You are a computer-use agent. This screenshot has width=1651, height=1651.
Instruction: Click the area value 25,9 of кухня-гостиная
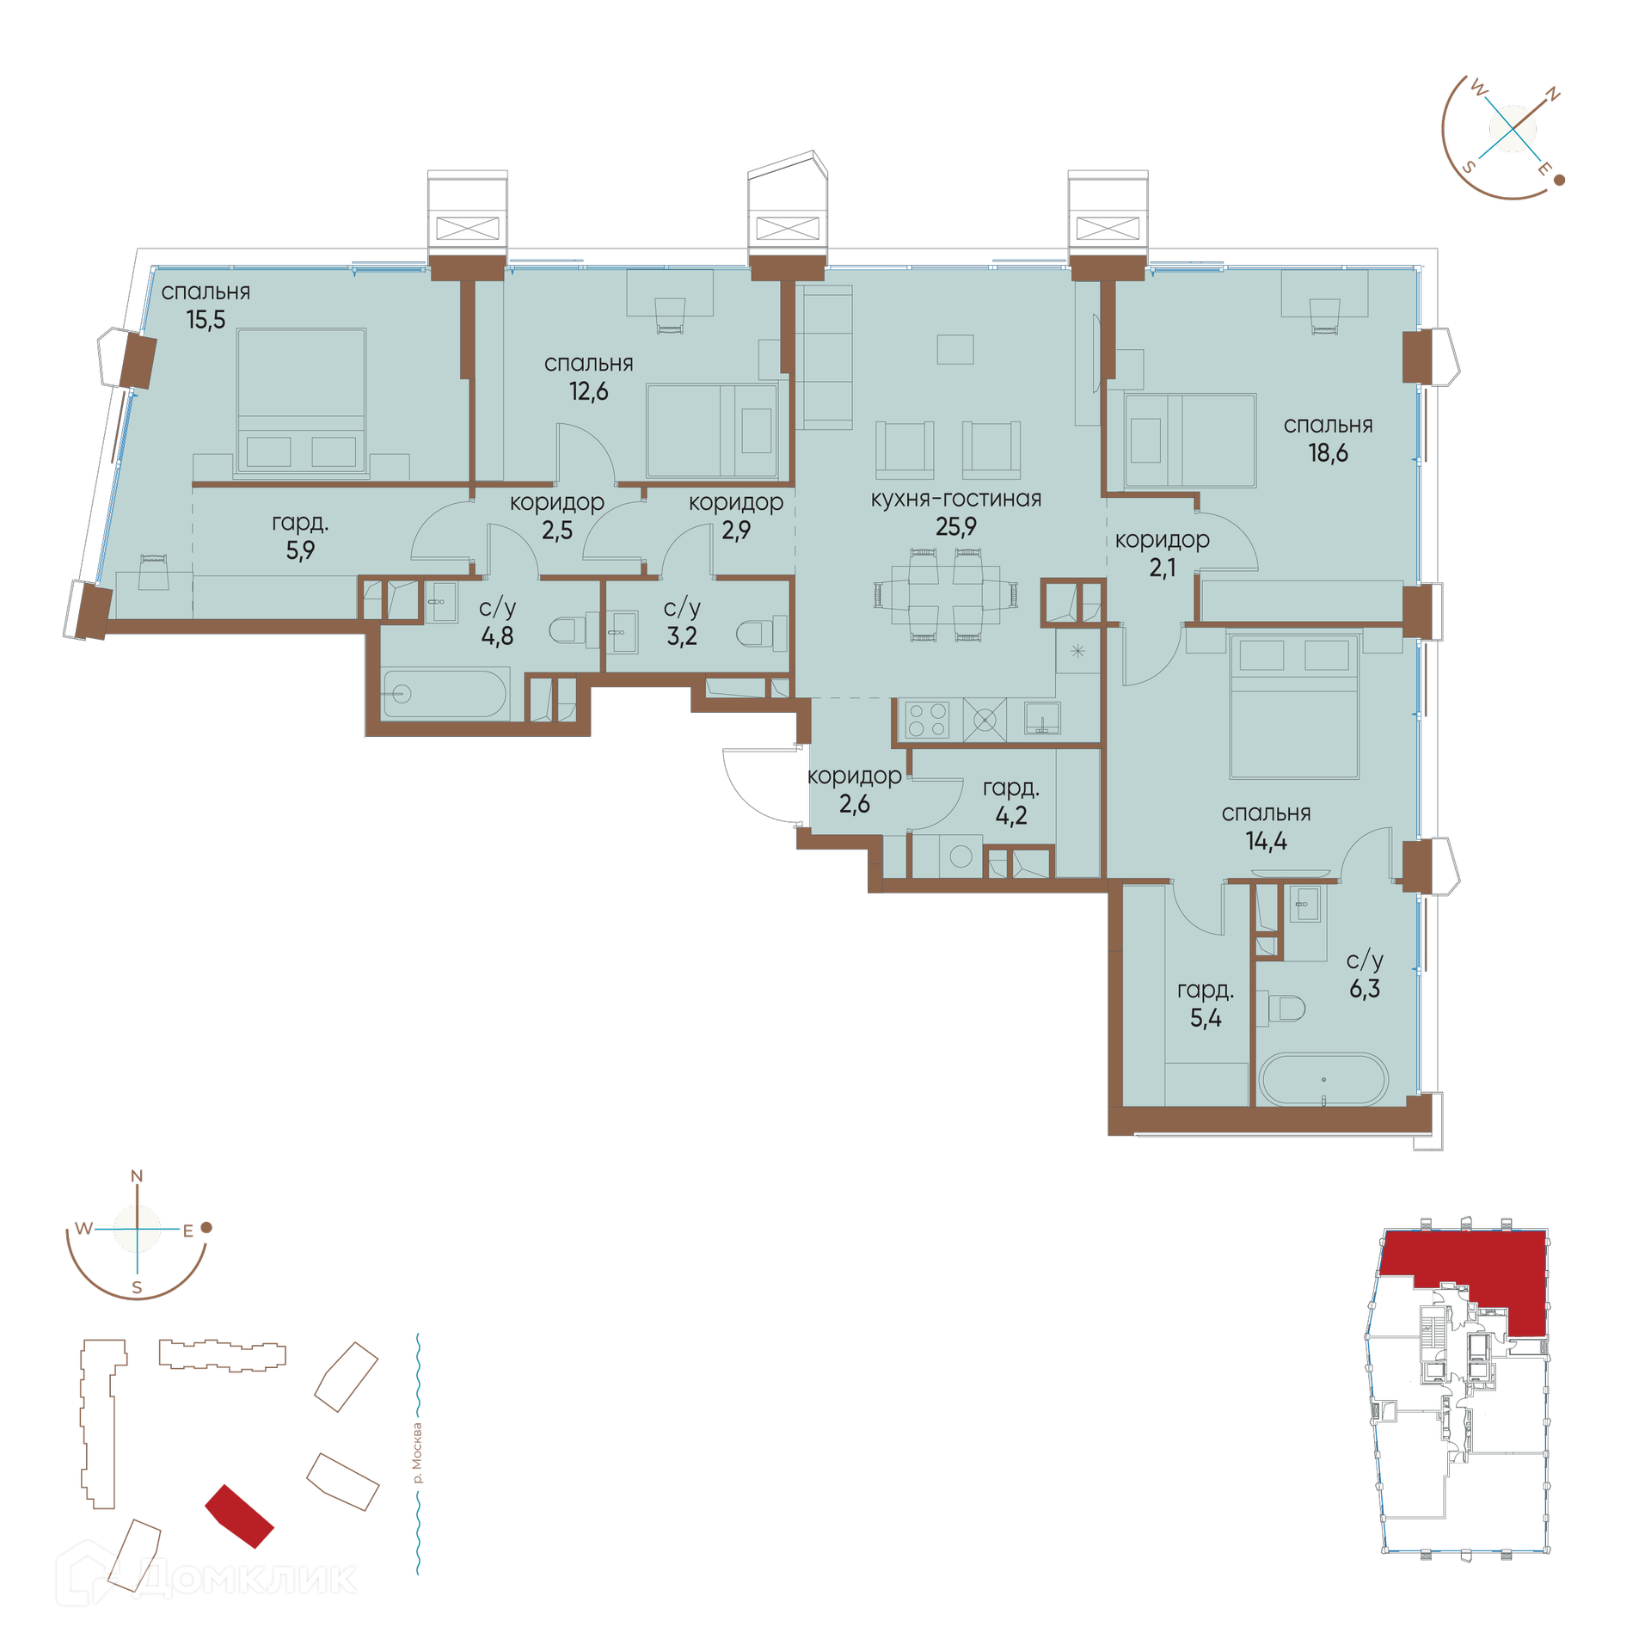point(955,526)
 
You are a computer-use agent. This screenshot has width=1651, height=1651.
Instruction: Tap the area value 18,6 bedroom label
point(1328,453)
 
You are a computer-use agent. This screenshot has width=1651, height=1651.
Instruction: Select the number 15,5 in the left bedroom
point(206,320)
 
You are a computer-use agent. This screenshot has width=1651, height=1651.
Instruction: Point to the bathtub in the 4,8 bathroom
point(444,693)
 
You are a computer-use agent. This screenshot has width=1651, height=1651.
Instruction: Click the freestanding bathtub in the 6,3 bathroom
point(1323,1080)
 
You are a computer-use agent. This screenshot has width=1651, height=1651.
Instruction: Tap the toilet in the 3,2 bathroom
point(760,634)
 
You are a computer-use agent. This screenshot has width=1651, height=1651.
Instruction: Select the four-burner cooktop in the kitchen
point(927,720)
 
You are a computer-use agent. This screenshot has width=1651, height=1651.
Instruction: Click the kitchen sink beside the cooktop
point(1041,718)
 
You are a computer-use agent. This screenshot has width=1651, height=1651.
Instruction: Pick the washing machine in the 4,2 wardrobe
point(961,856)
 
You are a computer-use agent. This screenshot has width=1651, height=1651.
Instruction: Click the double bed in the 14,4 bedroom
point(1294,706)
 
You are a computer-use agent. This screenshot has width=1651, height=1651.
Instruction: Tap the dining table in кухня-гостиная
point(945,595)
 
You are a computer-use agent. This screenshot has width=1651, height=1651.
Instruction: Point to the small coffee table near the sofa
point(954,349)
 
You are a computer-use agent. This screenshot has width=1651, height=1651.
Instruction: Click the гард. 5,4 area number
point(1206,1018)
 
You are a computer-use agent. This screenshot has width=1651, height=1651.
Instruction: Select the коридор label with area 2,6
point(854,776)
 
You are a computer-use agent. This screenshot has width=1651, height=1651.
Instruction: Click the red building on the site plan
point(239,1516)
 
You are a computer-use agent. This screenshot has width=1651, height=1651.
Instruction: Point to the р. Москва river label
point(417,1453)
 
